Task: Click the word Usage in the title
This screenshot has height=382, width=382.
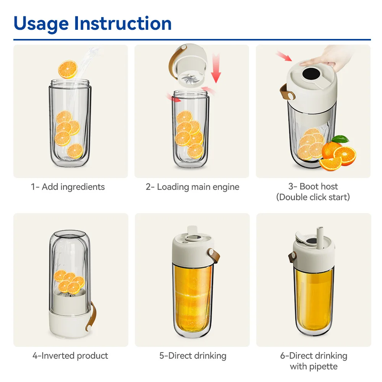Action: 41,24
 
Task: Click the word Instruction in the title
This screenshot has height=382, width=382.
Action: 123,24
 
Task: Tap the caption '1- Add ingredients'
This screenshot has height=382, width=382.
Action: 68,187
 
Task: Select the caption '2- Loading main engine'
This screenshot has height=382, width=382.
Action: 192,187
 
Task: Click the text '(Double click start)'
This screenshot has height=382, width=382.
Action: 313,197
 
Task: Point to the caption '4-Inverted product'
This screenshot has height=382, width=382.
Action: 70,356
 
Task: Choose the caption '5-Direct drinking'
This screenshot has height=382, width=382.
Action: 193,356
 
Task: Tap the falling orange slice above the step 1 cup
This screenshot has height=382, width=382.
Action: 68,69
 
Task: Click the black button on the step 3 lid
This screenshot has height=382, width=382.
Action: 309,73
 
